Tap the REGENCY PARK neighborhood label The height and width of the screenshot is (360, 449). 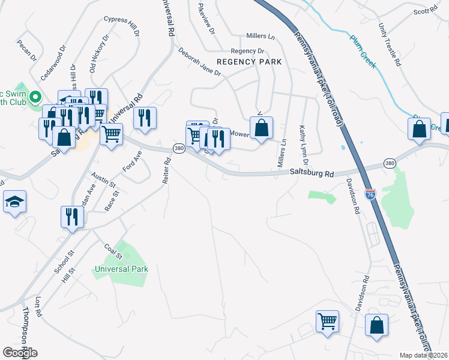(249, 62)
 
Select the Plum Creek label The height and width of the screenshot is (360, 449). (364, 52)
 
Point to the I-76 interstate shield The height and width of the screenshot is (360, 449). (371, 194)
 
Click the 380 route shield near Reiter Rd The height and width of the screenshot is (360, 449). (178, 148)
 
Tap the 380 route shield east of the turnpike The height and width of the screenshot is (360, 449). (390, 163)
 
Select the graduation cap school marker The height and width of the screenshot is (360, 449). (14, 203)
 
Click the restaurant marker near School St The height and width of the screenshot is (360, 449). (72, 217)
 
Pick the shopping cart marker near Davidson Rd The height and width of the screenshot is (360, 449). (327, 320)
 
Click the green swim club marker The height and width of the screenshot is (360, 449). (35, 97)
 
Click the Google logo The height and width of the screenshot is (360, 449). (20, 353)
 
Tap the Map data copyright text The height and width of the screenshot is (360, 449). (424, 355)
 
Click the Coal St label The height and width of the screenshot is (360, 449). (113, 251)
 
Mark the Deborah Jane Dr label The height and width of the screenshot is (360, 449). (199, 62)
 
